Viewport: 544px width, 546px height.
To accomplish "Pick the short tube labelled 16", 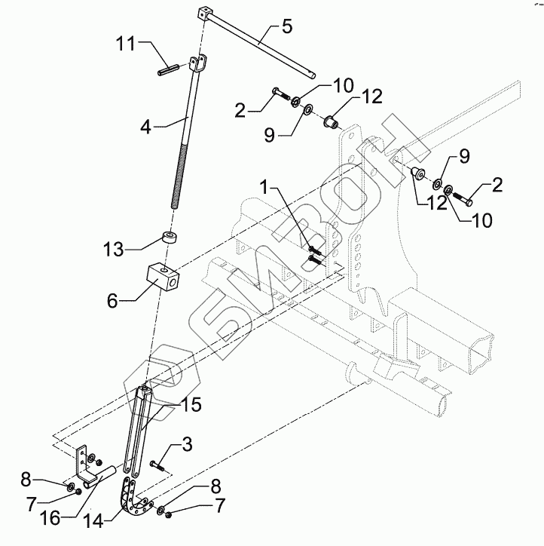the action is click(x=100, y=477).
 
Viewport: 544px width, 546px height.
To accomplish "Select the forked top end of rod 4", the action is click(x=198, y=67).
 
